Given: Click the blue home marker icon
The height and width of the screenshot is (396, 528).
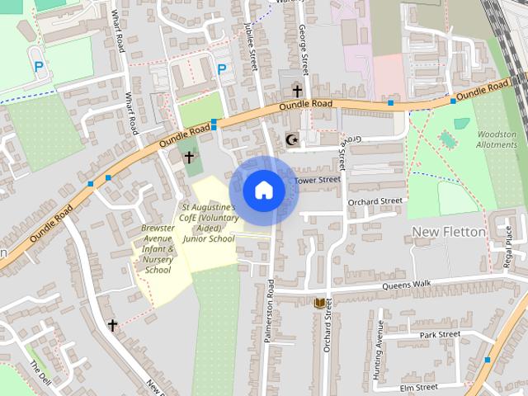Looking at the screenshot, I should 263,190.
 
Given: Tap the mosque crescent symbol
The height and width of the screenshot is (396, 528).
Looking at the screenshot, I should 290,140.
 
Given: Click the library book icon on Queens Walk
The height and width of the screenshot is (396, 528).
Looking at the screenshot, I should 318,304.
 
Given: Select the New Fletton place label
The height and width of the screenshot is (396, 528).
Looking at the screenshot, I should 448,232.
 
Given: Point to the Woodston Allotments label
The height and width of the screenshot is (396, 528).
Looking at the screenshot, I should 497,139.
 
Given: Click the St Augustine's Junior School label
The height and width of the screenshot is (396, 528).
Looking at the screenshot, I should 209,223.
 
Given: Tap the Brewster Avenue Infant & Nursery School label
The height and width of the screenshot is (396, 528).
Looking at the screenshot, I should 158,248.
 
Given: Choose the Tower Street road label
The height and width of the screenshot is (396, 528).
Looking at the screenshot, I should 318,179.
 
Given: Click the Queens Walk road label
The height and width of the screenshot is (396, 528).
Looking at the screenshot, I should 406,285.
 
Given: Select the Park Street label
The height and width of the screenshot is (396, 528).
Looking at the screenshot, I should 439,334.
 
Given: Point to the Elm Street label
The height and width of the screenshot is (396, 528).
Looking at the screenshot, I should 418,387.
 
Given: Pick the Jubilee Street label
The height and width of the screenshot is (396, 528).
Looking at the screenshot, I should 250,41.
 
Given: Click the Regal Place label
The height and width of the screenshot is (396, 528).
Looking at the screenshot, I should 508,247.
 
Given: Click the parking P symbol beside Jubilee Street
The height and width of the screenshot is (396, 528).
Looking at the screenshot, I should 221,70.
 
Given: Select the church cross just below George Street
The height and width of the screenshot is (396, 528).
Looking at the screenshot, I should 296,91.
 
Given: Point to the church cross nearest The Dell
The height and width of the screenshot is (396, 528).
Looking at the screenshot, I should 113,325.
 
